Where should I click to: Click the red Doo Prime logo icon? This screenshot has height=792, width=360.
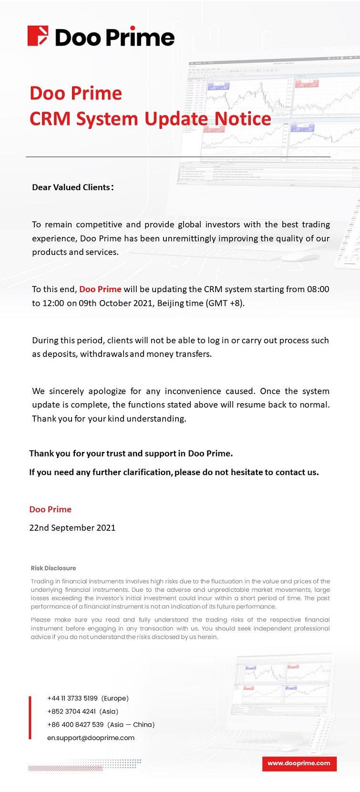[x=38, y=36]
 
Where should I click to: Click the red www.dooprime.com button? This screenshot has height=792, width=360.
[x=299, y=763]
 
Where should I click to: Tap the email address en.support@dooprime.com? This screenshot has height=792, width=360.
[x=91, y=738]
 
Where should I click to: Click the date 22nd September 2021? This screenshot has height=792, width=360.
[x=72, y=528]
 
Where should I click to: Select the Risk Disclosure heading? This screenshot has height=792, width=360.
[x=53, y=568]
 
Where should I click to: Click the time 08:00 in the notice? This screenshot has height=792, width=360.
[x=318, y=289]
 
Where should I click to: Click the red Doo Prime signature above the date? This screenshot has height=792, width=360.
[x=50, y=509]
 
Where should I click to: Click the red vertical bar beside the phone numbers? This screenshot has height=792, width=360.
[x=30, y=718]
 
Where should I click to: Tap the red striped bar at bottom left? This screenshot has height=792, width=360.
[x=65, y=768]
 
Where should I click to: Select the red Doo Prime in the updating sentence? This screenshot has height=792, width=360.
[x=100, y=289]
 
